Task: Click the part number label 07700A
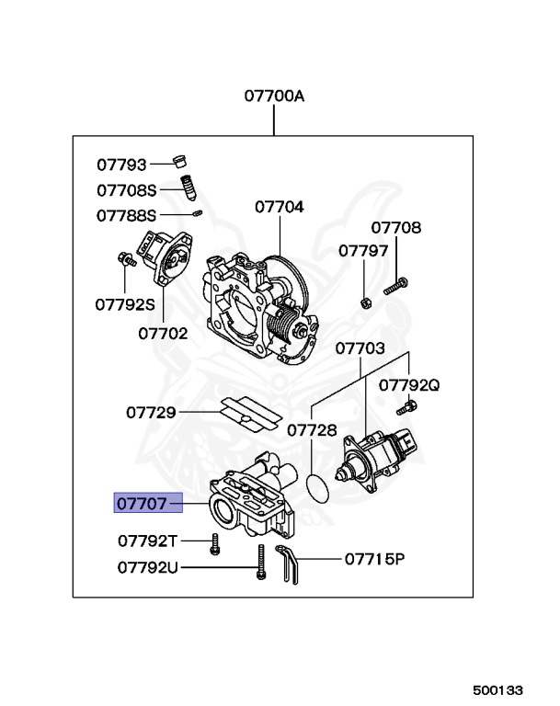pos(273,95)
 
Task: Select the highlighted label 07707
pos(141,503)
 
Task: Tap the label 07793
pos(121,165)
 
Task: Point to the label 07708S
pos(127,190)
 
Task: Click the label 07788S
pos(127,216)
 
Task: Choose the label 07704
pos(279,207)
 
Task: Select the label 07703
pos(360,348)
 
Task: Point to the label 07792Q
pos(409,385)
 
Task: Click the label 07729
pos(151,413)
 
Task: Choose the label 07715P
pos(374,558)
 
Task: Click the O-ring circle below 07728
pos(318,487)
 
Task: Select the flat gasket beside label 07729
pos(249,414)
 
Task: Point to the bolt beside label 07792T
pos(214,543)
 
